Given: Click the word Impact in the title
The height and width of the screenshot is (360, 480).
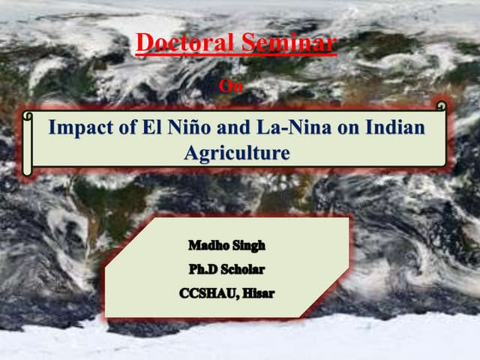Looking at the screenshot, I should point(77,127).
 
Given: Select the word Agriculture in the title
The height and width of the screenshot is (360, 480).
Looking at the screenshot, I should point(236,154).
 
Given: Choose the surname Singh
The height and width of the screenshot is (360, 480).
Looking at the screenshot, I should point(248,246).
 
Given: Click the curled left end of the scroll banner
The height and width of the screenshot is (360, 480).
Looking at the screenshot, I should point(28,142).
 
